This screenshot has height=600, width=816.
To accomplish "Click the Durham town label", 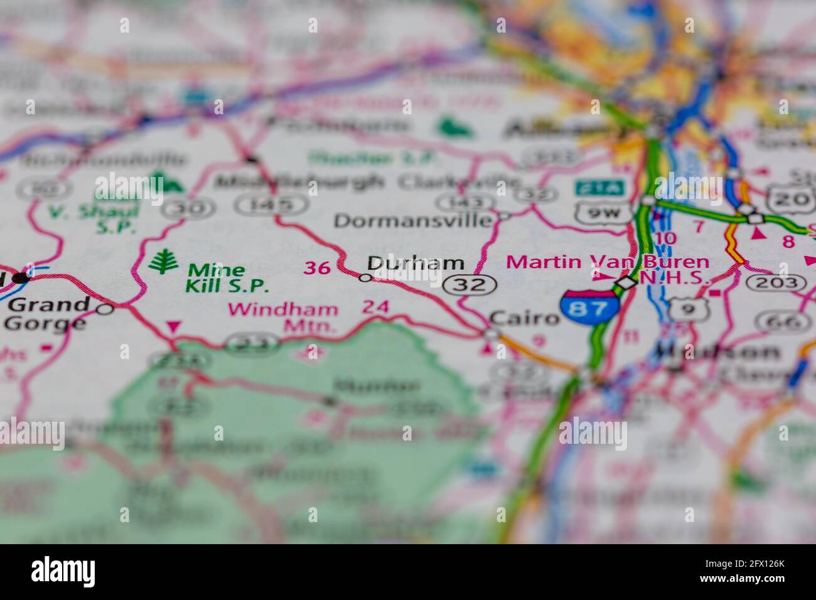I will pos(416,263).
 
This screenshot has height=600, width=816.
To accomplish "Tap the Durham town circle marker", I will pos(365,277).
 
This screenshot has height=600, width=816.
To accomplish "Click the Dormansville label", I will pos(413,221).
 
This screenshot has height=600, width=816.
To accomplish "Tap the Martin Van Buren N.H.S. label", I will pos(608,269).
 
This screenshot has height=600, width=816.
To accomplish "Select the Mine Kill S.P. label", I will pos(225,278).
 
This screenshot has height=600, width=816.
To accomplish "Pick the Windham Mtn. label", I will pos(283,317).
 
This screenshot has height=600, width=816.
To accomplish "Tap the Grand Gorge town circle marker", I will pos(105,308).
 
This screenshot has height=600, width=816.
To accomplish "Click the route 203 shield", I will pos(777,283).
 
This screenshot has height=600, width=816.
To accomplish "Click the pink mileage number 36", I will pos(317,268).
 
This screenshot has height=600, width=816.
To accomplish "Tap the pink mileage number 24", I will pos(375,308).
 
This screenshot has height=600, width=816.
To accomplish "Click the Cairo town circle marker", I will pos(490,333).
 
